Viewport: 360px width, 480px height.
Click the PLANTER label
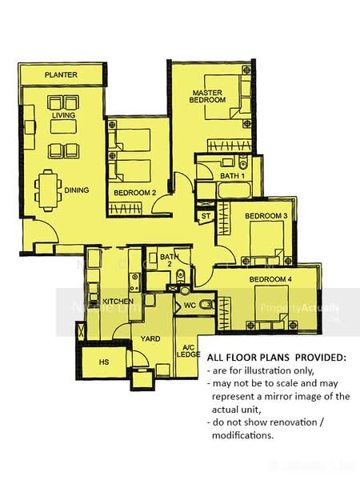[61, 74]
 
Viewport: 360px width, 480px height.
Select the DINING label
[77, 190]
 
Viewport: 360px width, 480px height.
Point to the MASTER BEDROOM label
[207, 96]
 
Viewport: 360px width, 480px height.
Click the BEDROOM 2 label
[134, 193]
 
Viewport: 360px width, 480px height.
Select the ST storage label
[206, 216]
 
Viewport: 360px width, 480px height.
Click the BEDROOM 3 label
[266, 216]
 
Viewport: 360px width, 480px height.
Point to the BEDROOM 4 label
[268, 279]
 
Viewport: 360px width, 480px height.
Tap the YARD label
[150, 338]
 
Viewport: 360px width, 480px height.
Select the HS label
[103, 362]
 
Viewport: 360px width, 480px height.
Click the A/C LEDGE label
[189, 350]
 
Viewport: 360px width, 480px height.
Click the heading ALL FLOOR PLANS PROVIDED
[277, 357]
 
